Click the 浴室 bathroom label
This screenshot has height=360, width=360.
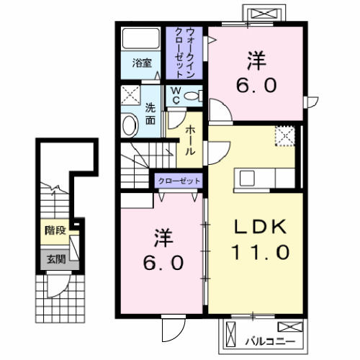click(x=141, y=63)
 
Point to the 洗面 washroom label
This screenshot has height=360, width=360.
click(x=150, y=114)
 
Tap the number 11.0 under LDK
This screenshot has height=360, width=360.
click(x=261, y=252)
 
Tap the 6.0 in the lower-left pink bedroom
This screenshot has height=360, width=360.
click(x=159, y=261)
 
